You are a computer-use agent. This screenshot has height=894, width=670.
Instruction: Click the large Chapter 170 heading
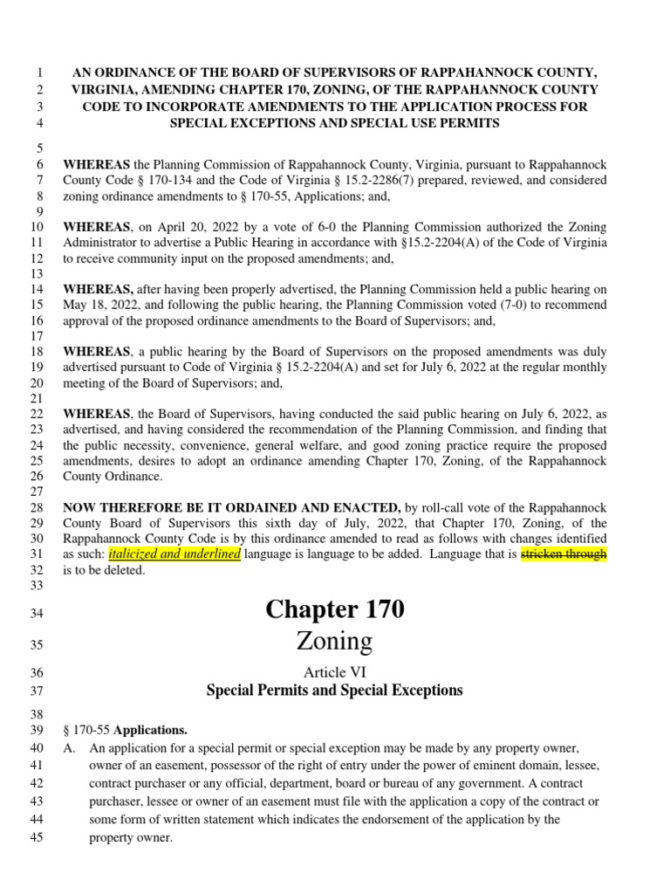pyautogui.click(x=335, y=609)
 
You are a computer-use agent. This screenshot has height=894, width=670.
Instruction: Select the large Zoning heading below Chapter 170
pyautogui.click(x=335, y=642)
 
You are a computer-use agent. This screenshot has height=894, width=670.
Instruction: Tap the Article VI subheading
pyautogui.click(x=335, y=671)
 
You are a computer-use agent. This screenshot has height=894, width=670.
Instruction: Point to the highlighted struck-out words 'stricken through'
pyautogui.click(x=563, y=554)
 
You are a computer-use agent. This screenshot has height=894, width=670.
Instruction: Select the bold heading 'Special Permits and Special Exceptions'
pyautogui.click(x=335, y=691)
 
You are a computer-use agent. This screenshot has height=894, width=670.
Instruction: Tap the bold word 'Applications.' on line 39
pyautogui.click(x=151, y=730)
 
